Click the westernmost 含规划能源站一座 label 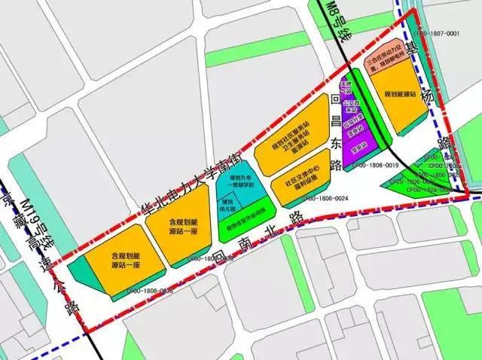pos(120,259)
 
